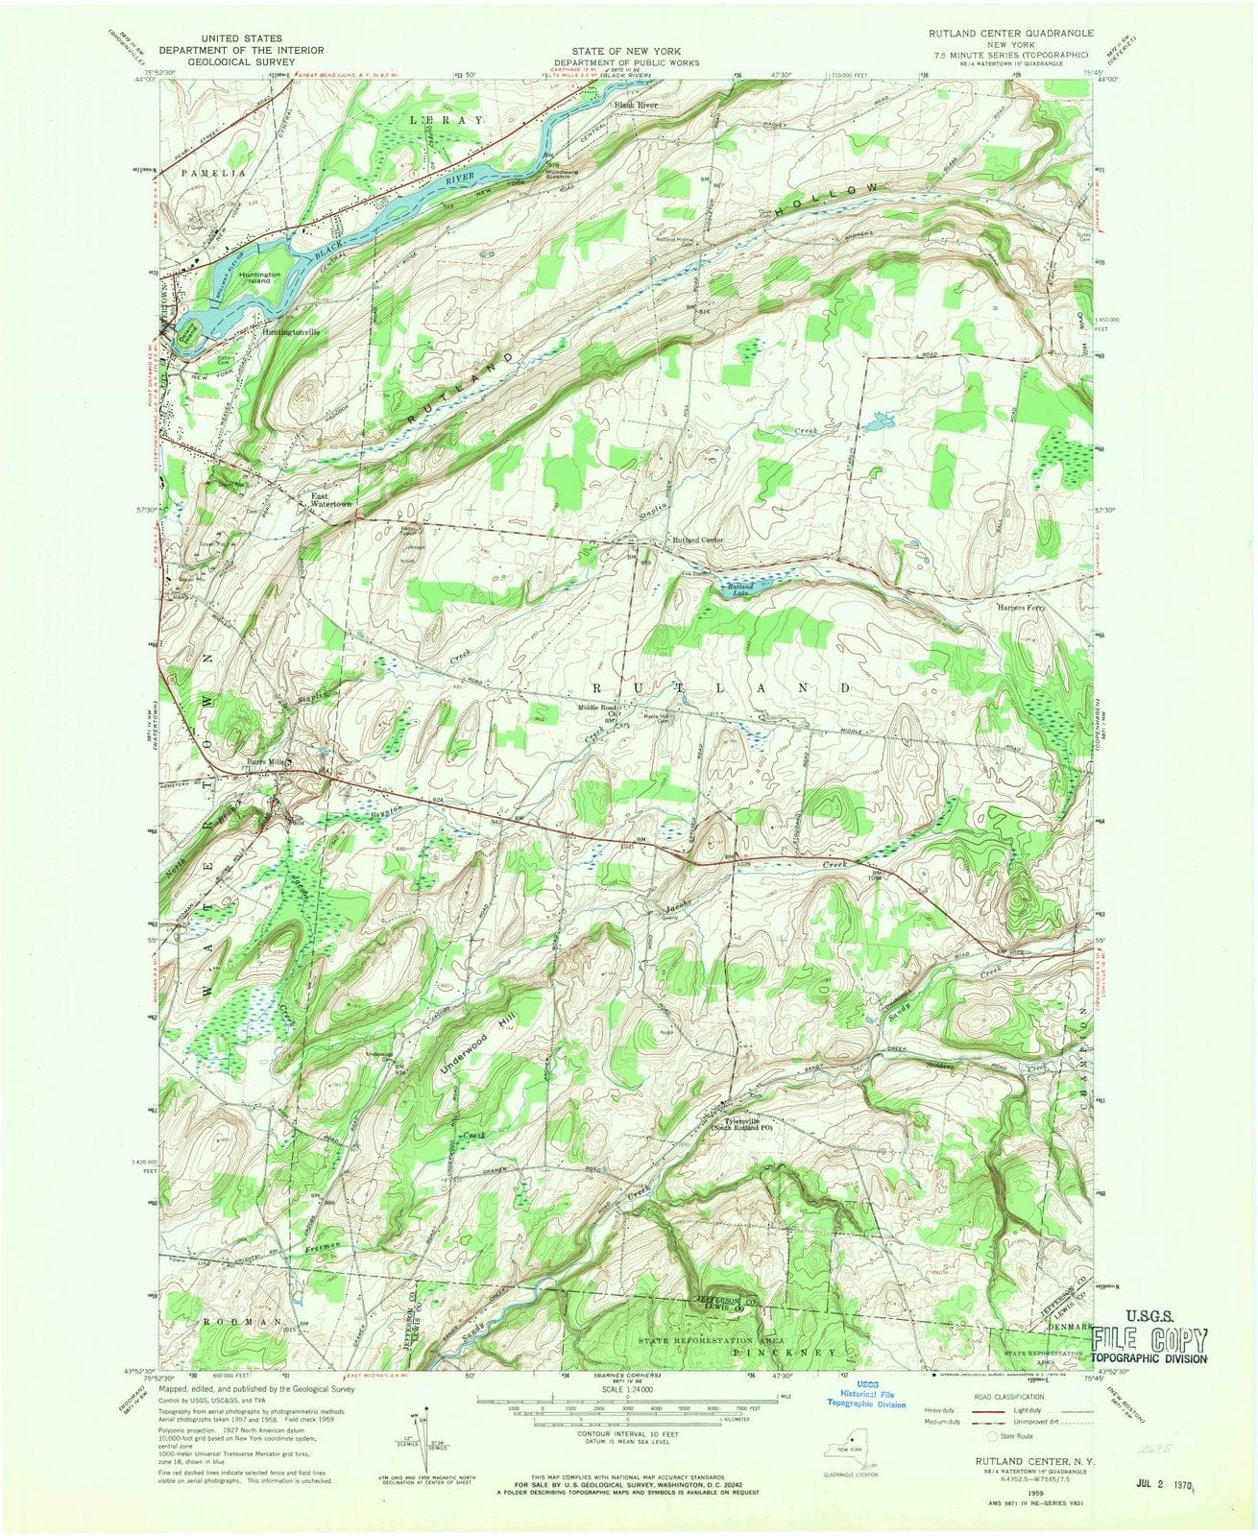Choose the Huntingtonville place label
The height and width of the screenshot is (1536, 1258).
point(289,332)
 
